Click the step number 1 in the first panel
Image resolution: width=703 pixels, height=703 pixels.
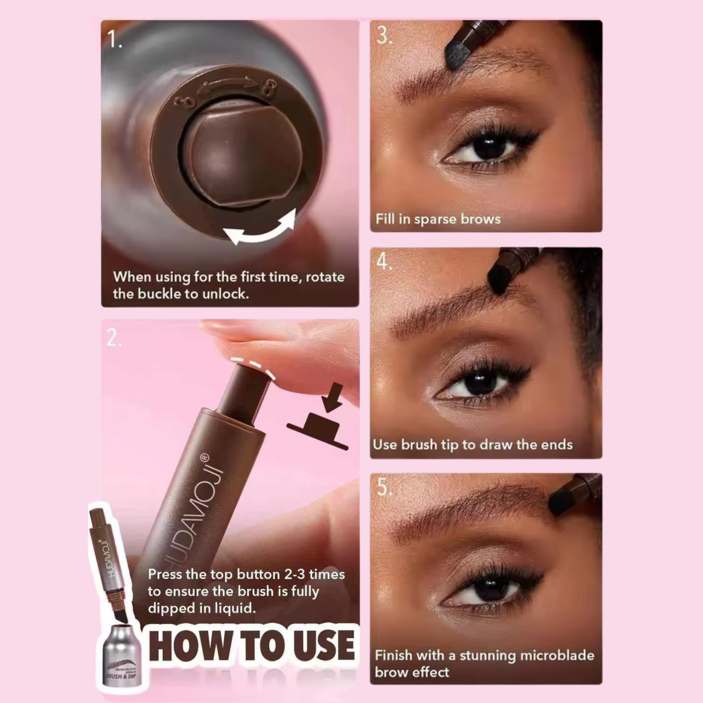tap(114, 40)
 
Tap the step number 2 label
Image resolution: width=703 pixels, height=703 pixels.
tap(114, 337)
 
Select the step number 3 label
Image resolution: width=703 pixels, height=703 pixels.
tap(384, 36)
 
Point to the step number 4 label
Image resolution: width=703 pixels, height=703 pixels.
tap(383, 261)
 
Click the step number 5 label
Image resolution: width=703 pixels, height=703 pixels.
tap(384, 487)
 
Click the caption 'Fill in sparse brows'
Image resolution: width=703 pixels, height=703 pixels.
tap(438, 219)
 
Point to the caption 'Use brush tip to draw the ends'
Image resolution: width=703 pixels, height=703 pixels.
tap(472, 445)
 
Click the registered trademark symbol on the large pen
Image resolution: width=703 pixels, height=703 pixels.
tap(205, 457)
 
